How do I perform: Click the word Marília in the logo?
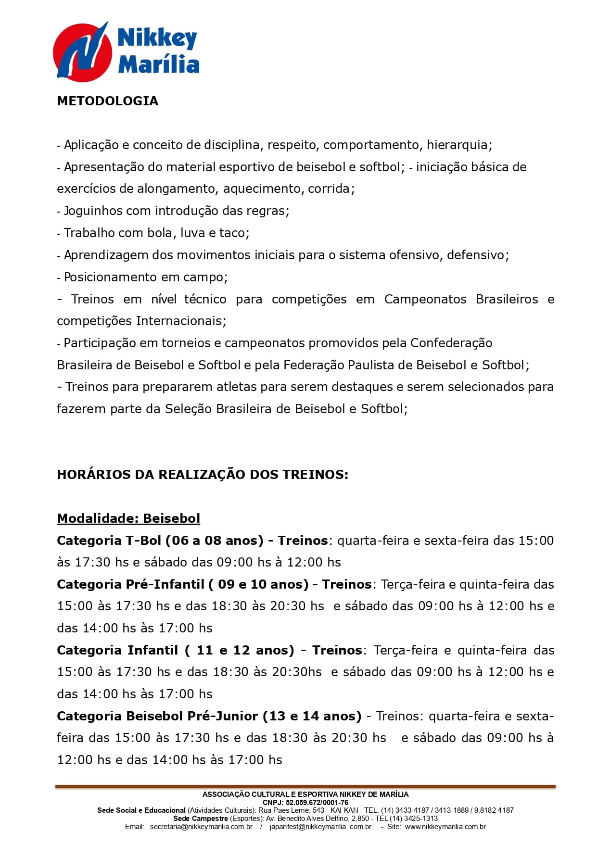pos(158,64)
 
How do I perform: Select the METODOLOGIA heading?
pos(107,101)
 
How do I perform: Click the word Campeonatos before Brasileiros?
pos(425,299)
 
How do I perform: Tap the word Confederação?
pos(451,343)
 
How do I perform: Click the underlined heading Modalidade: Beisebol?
pos(128,518)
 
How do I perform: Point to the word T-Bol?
pos(143,541)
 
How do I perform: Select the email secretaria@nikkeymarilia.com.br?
pos(201,827)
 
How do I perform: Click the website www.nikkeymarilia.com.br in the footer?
pos(445,827)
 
